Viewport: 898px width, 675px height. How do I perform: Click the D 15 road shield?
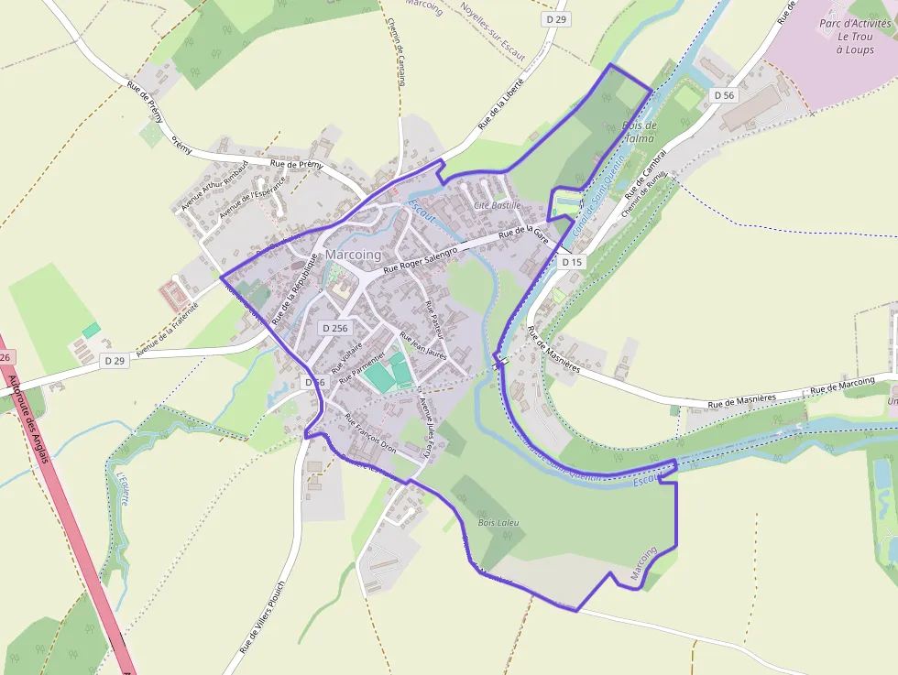pos(572,262)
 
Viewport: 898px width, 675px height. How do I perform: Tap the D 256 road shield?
pos(335,328)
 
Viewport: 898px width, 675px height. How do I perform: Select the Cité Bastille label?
pos(497,205)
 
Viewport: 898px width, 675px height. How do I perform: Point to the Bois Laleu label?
pos(498,522)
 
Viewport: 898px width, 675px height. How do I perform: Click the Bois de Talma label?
pos(639,132)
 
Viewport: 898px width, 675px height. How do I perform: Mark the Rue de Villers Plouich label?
pos(263,615)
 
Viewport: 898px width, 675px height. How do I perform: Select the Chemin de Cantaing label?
pos(396,52)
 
